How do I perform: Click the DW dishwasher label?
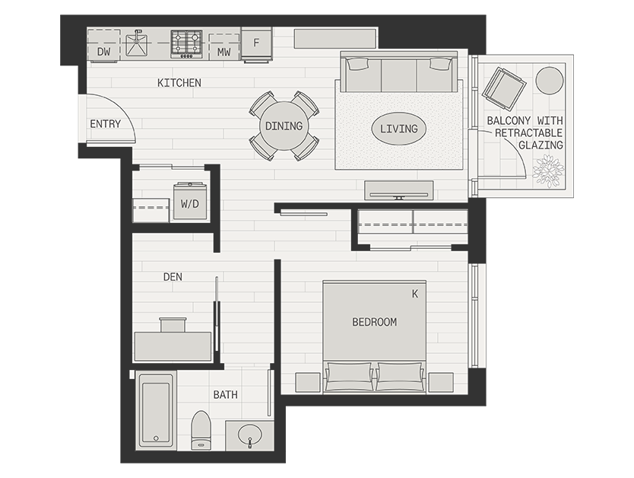(x=104, y=52)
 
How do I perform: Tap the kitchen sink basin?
(x=137, y=44)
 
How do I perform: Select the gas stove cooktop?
(x=186, y=43)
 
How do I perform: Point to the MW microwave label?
(x=224, y=52)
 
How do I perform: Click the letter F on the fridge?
(x=256, y=43)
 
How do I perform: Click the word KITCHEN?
(x=179, y=82)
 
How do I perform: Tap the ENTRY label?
(x=105, y=124)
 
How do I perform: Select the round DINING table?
(x=284, y=126)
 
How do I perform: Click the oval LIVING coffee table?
(x=398, y=129)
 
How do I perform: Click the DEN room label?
(x=173, y=277)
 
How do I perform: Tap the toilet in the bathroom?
(x=201, y=430)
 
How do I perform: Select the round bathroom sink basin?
(x=250, y=435)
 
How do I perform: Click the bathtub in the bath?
(x=156, y=410)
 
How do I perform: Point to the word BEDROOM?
(x=375, y=322)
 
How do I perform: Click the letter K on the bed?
(x=415, y=294)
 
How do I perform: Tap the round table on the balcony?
(x=550, y=81)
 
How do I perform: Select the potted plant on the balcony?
(x=548, y=170)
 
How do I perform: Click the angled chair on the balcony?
(x=504, y=88)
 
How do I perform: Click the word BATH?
(x=226, y=394)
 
